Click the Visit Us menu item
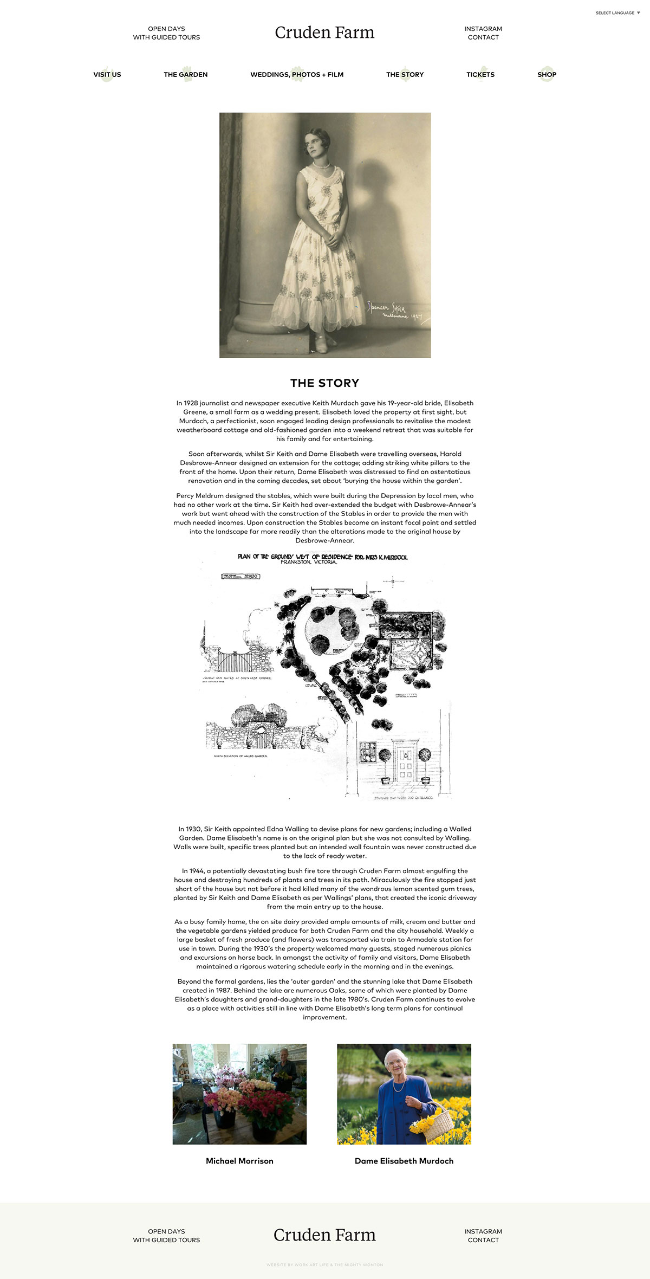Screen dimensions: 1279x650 coord(107,75)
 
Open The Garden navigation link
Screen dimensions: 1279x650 coord(186,75)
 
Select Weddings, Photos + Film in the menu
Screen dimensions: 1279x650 coord(297,75)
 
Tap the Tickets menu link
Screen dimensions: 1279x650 coord(480,75)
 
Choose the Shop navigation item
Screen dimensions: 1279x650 coord(547,75)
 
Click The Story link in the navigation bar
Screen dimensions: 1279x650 coord(405,75)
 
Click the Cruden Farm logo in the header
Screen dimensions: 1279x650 coord(324,33)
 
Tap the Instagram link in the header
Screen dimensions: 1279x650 coord(483,29)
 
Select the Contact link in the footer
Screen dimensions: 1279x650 coord(483,1240)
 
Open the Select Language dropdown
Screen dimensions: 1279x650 coord(617,13)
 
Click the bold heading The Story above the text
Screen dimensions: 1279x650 coord(324,383)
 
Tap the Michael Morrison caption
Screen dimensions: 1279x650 coord(239,1161)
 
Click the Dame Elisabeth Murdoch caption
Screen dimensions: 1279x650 coord(404,1161)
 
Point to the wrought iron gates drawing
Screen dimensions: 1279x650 coord(235,660)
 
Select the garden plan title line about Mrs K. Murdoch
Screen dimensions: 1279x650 coord(323,557)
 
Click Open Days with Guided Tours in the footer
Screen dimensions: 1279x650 coord(166,1236)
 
